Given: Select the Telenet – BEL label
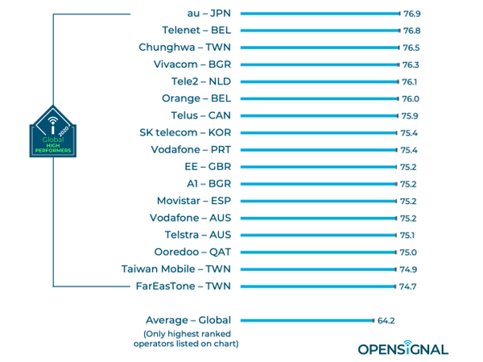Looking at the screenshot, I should [x=196, y=30].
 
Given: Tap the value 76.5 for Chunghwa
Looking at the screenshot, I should [x=411, y=48].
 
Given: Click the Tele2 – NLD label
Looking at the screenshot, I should [x=202, y=81].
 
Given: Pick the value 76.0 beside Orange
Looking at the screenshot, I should [x=411, y=98].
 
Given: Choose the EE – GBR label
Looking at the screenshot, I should [x=207, y=167].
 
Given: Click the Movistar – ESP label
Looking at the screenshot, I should [x=193, y=201].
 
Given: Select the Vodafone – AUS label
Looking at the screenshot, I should [x=190, y=218].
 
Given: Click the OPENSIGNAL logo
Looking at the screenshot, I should [x=403, y=348].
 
